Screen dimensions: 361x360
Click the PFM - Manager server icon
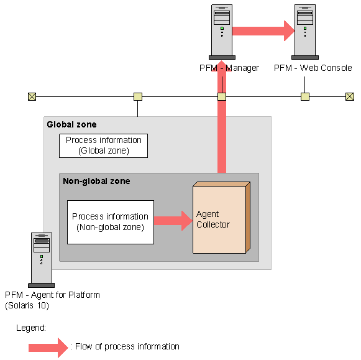point(222,32)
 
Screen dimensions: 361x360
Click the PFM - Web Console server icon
point(305,32)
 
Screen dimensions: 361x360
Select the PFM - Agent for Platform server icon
point(42,260)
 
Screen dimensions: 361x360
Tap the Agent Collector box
point(221,218)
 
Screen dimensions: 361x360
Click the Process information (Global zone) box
point(103,145)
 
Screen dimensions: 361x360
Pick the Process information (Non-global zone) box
point(111,222)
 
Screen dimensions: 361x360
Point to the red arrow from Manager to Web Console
point(263,30)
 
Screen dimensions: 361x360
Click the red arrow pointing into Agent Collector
point(173,221)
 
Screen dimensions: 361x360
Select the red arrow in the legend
point(48,348)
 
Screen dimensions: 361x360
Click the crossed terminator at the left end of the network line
point(32,96)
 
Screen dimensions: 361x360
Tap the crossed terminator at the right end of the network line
point(350,96)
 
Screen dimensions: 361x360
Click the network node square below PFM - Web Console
point(305,96)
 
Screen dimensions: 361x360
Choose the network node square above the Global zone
point(138,96)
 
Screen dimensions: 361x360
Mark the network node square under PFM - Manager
point(222,96)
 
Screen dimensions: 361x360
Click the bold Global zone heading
point(71,124)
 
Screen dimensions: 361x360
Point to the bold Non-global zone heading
point(96,181)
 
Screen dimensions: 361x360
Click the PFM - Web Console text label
point(313,68)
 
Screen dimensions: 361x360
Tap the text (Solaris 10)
point(27,305)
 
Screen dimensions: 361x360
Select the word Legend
point(31,328)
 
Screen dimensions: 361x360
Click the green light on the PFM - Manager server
point(222,29)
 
